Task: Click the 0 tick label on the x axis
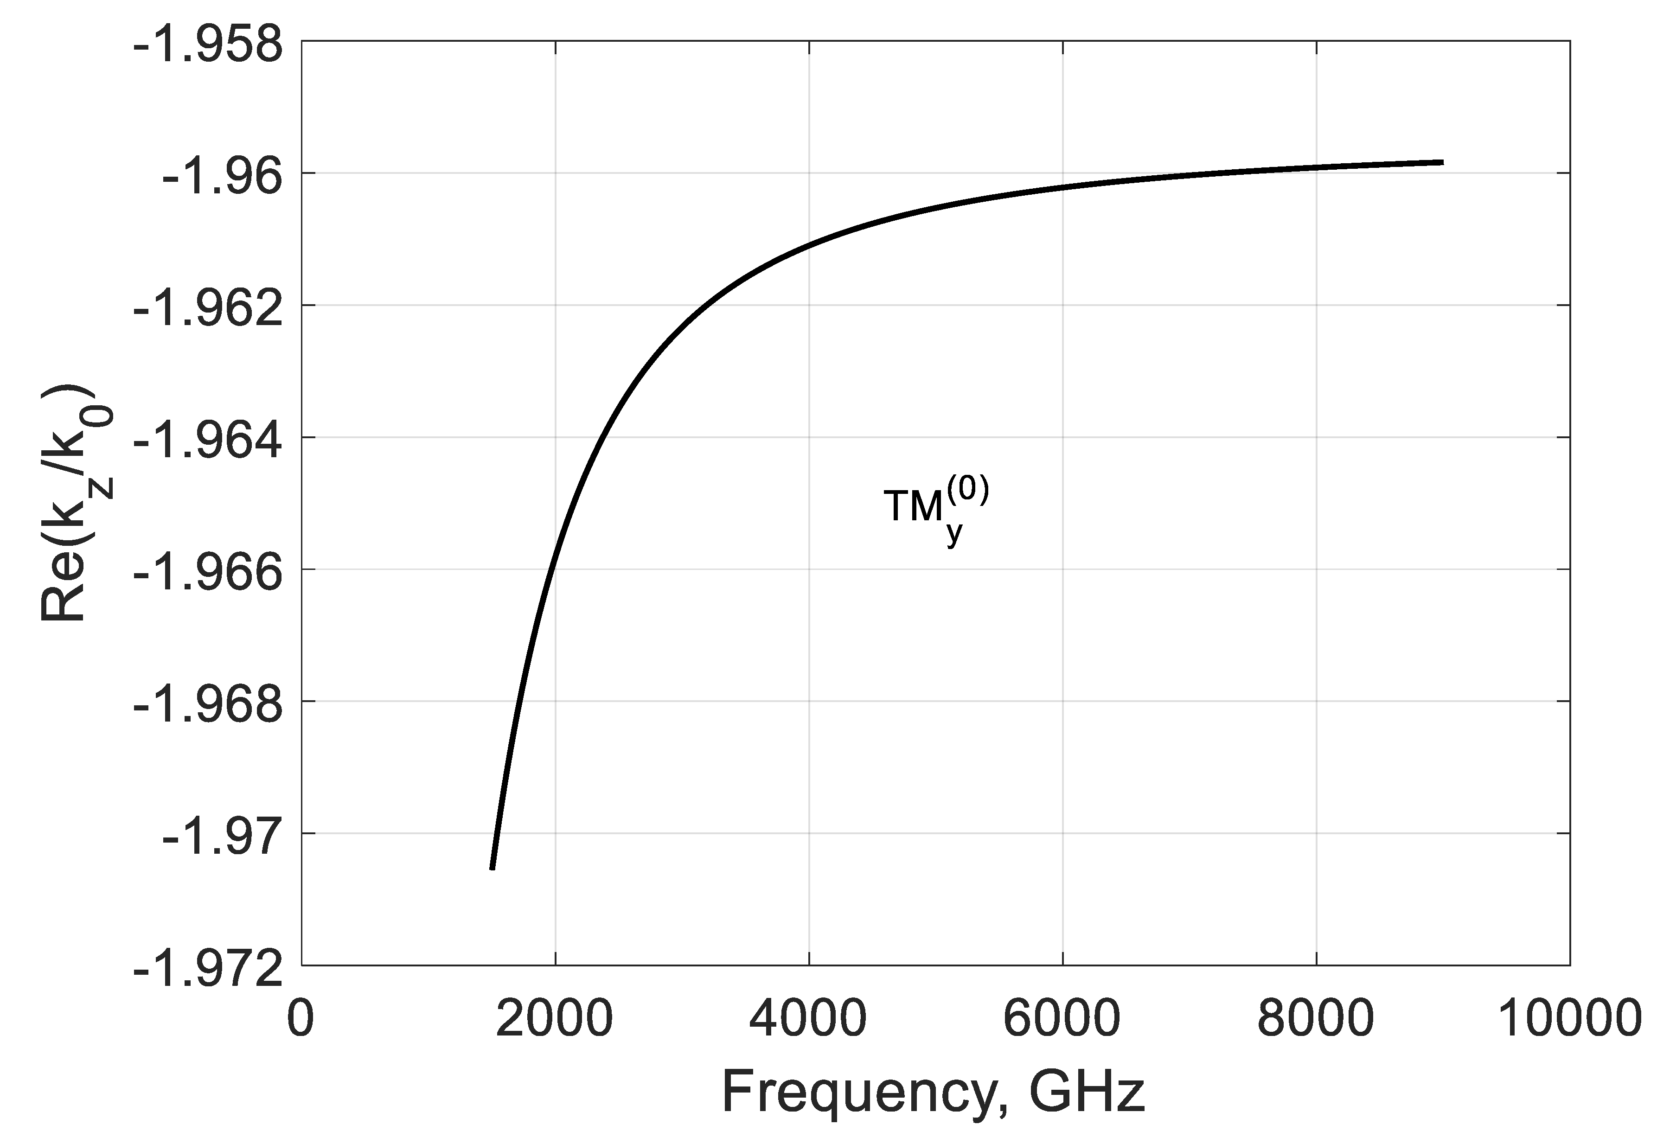click(x=301, y=1019)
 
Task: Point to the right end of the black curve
click(x=1442, y=163)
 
